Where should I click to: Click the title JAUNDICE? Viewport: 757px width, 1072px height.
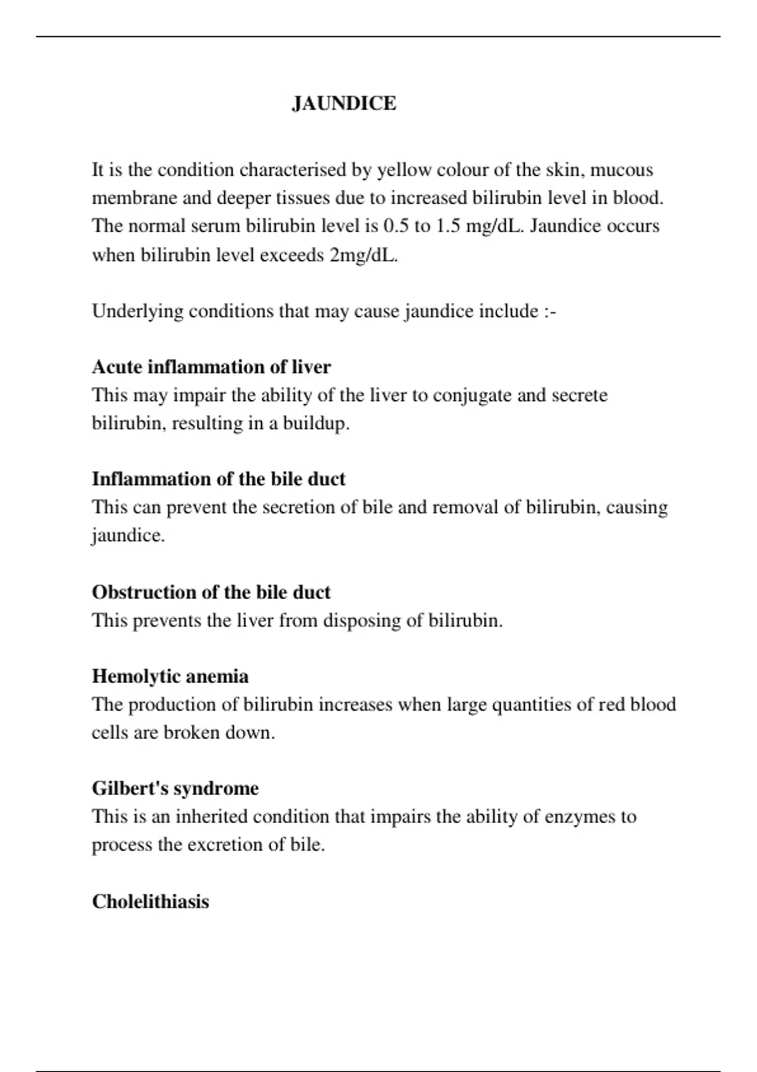point(344,103)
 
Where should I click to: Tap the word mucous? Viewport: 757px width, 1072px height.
point(621,170)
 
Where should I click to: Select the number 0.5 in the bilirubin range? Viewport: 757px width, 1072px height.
point(396,226)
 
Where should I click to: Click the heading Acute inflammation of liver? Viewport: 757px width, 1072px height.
point(211,367)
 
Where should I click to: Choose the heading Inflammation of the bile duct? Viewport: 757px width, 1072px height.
point(218,479)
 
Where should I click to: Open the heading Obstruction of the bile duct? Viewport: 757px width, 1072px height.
point(211,592)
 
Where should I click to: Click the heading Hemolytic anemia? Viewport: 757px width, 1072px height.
point(170,677)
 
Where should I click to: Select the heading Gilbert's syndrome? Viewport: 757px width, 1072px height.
point(175,788)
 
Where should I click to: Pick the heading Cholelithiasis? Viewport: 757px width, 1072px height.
point(150,901)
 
